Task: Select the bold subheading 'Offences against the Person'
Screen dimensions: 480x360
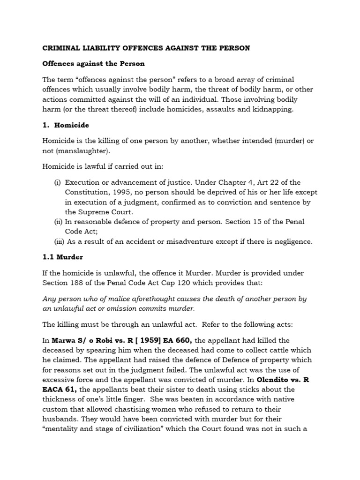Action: point(94,63)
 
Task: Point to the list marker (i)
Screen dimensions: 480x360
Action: point(58,182)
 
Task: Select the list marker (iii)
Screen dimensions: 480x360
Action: point(59,241)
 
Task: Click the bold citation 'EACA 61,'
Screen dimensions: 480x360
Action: point(60,389)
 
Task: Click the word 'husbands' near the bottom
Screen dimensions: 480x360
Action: point(61,409)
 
